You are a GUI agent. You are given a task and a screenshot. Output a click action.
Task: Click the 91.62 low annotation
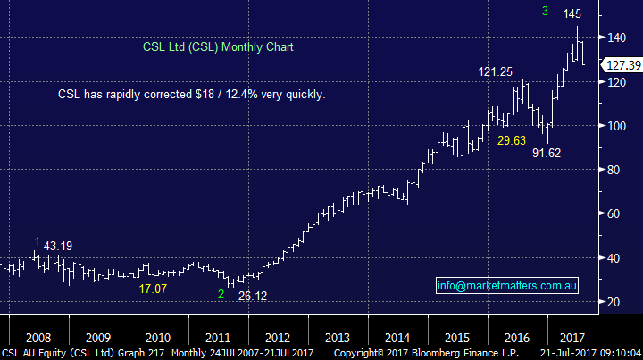point(548,153)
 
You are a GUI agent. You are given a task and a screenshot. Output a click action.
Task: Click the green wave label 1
point(37,242)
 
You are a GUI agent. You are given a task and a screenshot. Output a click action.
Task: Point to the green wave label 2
point(220,294)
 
